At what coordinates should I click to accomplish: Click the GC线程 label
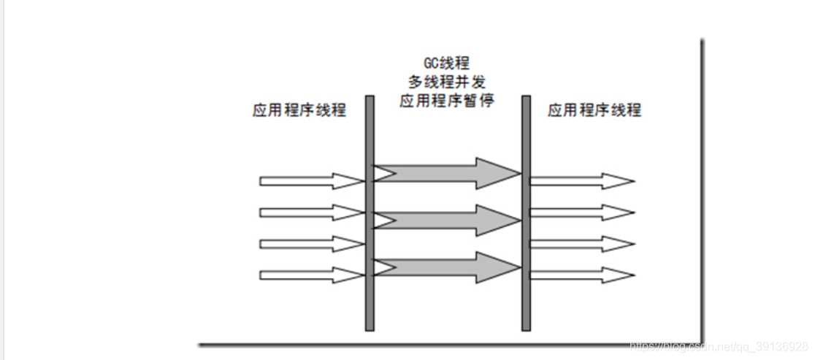click(446, 64)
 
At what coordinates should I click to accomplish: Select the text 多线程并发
click(446, 82)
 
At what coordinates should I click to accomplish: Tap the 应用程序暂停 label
click(446, 101)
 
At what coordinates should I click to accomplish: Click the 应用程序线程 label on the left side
click(299, 111)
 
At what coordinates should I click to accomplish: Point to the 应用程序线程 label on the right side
click(594, 111)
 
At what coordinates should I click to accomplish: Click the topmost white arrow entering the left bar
click(310, 181)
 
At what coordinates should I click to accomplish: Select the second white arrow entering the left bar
click(310, 212)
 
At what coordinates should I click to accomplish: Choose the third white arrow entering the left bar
click(310, 243)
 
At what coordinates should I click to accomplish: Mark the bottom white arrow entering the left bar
click(310, 275)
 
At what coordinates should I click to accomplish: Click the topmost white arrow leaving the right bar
click(581, 181)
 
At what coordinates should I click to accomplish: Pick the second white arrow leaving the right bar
click(581, 212)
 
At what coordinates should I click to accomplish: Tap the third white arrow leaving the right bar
click(581, 243)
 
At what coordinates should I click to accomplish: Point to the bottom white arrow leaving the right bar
click(581, 275)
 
